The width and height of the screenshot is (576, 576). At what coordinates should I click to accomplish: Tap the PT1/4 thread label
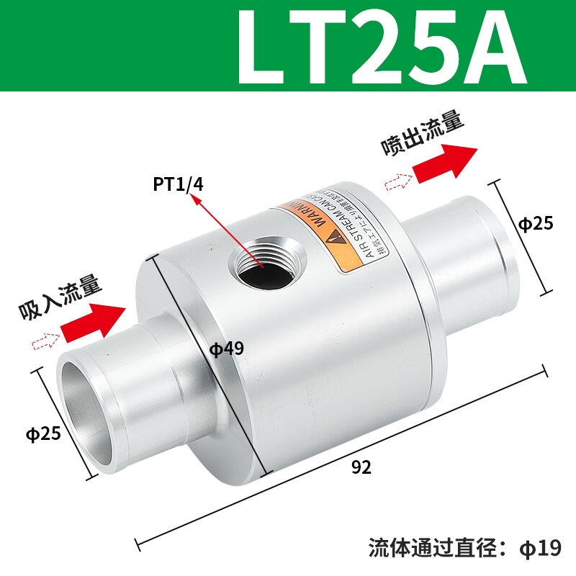click(178, 184)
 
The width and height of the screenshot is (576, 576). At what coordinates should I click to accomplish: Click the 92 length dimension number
click(361, 467)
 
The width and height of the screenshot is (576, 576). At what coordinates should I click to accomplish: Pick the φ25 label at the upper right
click(536, 224)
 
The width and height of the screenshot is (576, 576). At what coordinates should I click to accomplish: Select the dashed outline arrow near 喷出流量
click(397, 181)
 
